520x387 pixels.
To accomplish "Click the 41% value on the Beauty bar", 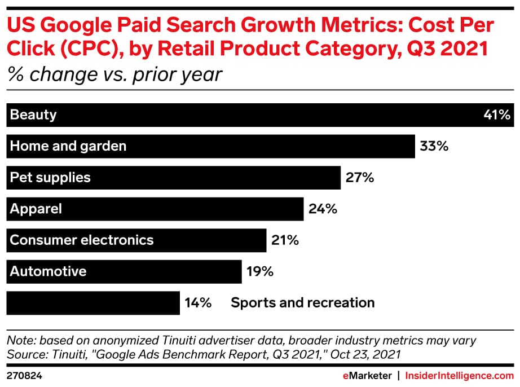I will point(497,115).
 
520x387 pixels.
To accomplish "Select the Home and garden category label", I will point(68,146).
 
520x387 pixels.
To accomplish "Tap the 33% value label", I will point(434,147).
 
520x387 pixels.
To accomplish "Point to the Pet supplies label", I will point(50,178).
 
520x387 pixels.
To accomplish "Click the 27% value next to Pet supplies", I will point(360,178).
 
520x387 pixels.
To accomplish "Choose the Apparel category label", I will point(36,209).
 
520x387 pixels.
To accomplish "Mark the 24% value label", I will point(323,209).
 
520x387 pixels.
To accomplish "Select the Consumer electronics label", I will point(82,240).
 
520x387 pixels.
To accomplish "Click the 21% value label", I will point(285,240).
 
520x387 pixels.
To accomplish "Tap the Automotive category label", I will point(48,271).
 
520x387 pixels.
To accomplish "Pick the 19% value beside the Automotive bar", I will point(260,272).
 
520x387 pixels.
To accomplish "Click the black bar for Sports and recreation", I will point(93,303).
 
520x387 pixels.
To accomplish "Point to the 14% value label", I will point(197,303).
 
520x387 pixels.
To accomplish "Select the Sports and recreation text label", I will point(302,303).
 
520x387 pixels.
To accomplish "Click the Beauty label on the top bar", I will point(33,115).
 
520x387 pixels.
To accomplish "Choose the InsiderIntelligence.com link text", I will point(460,375).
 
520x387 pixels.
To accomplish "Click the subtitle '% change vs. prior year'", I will point(115,74).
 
